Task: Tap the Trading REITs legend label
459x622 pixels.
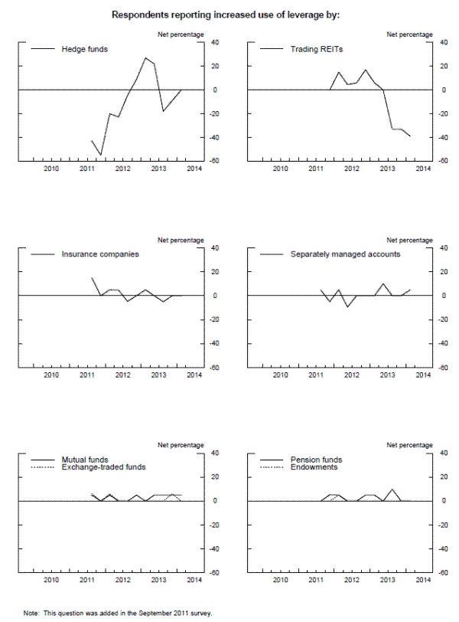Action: (x=317, y=49)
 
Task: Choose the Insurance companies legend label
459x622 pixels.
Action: (x=99, y=254)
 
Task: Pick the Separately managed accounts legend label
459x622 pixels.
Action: (x=345, y=254)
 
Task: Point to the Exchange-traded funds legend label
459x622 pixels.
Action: (x=103, y=466)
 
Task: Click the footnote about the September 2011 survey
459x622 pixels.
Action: (x=117, y=613)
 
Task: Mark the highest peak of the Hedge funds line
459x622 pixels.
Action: (x=145, y=57)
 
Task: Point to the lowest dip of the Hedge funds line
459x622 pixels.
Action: (x=101, y=155)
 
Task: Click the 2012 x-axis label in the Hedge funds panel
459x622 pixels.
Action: (x=122, y=169)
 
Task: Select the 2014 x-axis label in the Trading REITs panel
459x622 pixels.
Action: (x=422, y=169)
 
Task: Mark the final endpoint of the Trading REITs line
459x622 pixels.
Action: (x=410, y=136)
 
